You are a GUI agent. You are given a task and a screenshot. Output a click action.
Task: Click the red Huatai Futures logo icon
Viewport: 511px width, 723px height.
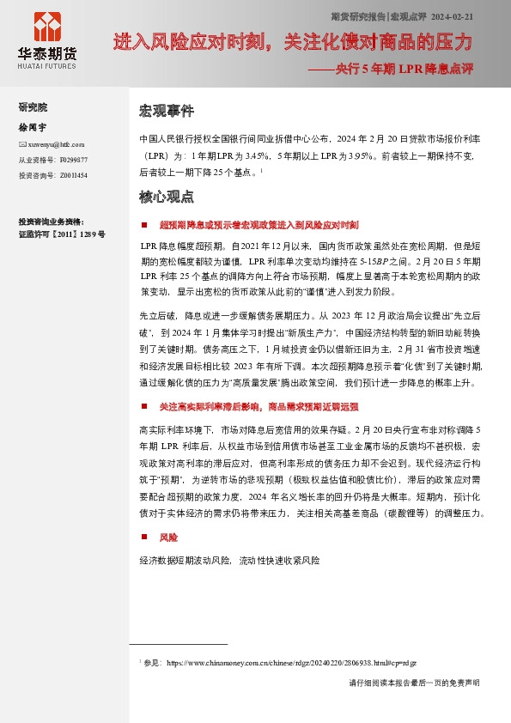(x=46, y=26)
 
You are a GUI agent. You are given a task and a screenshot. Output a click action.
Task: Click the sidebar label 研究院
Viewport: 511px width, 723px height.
(x=33, y=107)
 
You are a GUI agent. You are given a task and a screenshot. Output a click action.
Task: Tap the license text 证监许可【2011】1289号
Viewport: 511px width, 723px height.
(x=62, y=234)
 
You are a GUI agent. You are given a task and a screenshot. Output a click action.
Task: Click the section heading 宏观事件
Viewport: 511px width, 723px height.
(x=167, y=112)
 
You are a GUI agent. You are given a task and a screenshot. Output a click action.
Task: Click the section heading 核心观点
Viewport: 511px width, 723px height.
(x=167, y=197)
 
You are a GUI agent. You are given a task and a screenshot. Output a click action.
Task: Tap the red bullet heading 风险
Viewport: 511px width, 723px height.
(x=168, y=538)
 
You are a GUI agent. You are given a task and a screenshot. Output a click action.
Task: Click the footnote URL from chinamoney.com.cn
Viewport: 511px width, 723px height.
(x=291, y=663)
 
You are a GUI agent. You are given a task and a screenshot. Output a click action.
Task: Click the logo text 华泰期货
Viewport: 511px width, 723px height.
(x=46, y=53)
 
